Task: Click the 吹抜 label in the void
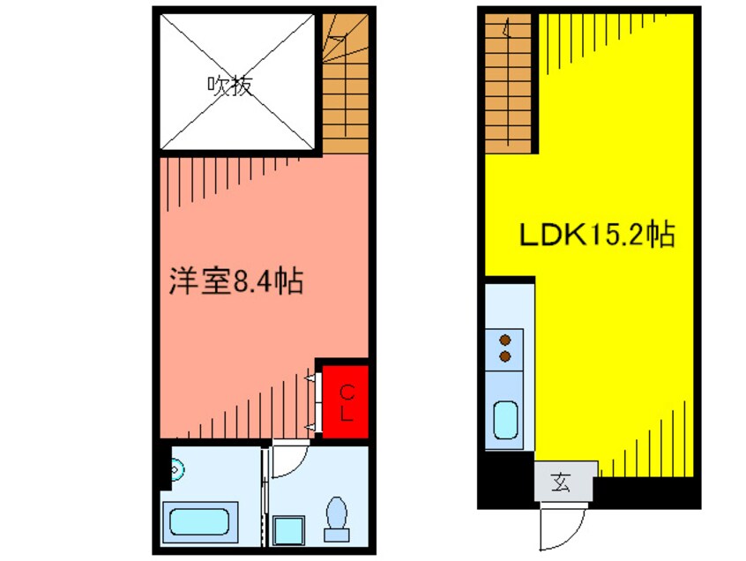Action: (x=230, y=85)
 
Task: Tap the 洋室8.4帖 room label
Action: (x=235, y=282)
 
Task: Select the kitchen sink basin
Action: (x=506, y=420)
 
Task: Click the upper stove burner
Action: (x=505, y=340)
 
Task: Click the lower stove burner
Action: (x=505, y=355)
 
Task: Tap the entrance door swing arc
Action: (x=561, y=526)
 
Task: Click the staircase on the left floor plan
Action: (x=344, y=84)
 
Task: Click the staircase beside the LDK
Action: (x=508, y=84)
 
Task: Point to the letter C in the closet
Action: (x=347, y=390)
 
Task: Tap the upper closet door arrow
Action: (x=310, y=378)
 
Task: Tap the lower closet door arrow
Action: (x=310, y=427)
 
